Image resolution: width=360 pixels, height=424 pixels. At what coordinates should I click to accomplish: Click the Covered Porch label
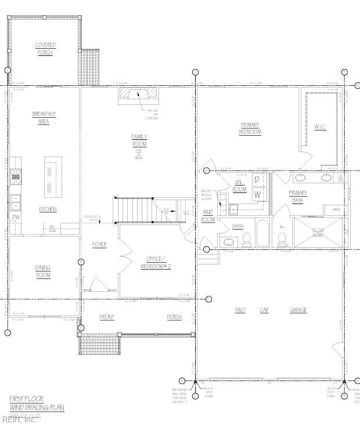click(x=45, y=49)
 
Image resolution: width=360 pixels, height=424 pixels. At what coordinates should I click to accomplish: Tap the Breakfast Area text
click(x=44, y=118)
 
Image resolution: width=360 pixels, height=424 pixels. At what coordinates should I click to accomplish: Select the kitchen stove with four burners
click(x=16, y=176)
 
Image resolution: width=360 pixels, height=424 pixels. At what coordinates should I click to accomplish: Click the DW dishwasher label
click(x=15, y=218)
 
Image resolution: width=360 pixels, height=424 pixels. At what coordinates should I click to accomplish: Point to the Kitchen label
click(x=47, y=209)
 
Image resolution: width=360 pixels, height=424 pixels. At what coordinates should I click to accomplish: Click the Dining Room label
click(x=43, y=271)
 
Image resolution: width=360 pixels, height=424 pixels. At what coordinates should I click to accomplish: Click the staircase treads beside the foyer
click(x=135, y=209)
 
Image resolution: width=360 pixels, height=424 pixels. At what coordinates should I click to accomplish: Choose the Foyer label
click(x=99, y=244)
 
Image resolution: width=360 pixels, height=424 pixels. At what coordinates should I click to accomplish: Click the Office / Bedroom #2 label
click(x=156, y=262)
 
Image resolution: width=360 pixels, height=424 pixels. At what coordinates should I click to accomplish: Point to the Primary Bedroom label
click(x=250, y=128)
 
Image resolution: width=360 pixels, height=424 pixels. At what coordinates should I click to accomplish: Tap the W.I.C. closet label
click(x=321, y=126)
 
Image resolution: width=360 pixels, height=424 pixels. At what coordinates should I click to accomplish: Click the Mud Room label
click(x=207, y=216)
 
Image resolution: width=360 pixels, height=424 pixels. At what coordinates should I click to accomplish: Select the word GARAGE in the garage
click(x=298, y=310)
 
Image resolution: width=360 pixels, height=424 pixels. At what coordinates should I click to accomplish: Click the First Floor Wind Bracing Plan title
click(x=36, y=403)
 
